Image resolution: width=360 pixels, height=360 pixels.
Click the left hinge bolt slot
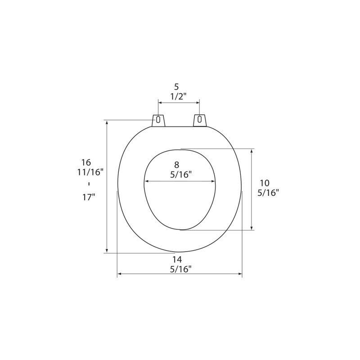[x=158, y=119]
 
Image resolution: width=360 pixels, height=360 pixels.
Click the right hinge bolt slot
[x=199, y=119]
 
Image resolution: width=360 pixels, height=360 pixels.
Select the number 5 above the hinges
[x=176, y=87]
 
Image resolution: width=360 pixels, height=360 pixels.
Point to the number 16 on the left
[x=86, y=162]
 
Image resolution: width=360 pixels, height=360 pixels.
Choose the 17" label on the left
[x=89, y=197]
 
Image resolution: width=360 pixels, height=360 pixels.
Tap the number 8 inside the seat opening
[x=176, y=165]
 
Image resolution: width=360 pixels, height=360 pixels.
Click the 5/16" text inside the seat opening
[x=181, y=175]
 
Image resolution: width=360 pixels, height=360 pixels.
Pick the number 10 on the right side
[x=265, y=183]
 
